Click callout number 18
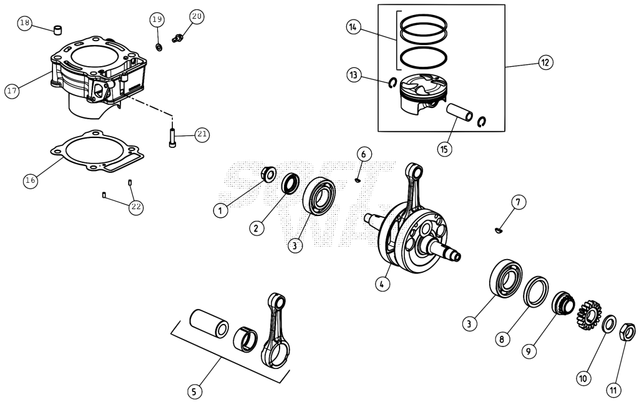pos(25,23)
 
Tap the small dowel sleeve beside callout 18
pos(59,30)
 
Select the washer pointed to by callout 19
pos(159,47)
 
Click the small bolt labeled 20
pos(177,39)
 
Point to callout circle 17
pos(12,90)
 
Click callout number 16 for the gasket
pos(31,180)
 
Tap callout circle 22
pos(135,207)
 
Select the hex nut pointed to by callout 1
pos(268,174)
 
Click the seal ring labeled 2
pos(291,183)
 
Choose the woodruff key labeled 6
pos(358,180)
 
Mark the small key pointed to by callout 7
pos(499,231)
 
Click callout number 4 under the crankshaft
pos(382,283)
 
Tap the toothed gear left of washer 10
pos(589,315)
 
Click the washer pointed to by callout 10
pos(610,323)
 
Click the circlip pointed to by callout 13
pos(393,82)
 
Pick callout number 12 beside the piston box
pos(545,62)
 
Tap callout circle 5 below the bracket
pos(195,391)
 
